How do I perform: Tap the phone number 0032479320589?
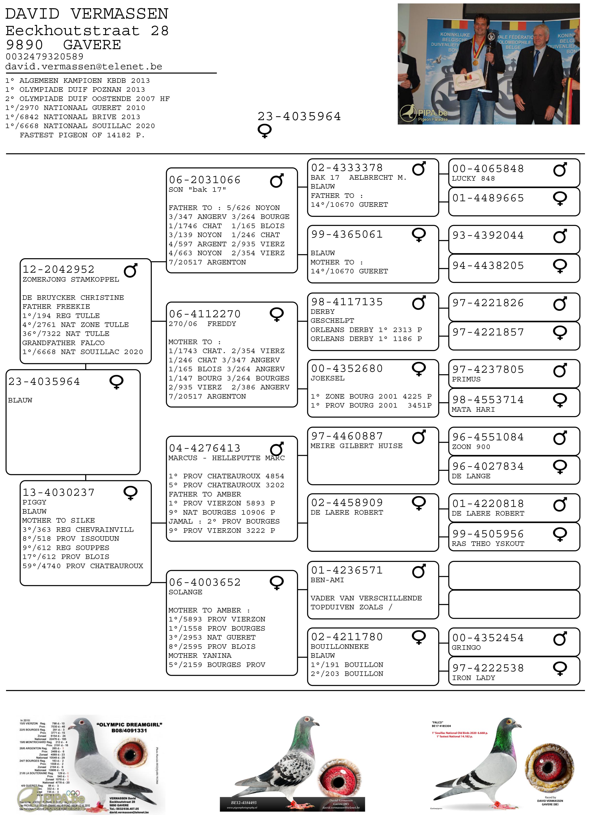click(44, 57)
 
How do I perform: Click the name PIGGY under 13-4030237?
click(34, 502)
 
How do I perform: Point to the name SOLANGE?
click(185, 592)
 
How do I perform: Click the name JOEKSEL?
click(327, 378)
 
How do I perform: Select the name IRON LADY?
click(474, 678)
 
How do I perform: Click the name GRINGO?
click(466, 648)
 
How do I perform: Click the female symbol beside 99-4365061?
click(419, 235)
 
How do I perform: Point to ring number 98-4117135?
click(347, 302)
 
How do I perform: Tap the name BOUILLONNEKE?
click(339, 646)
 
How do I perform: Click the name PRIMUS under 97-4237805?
click(466, 379)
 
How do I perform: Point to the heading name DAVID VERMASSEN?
click(87, 14)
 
